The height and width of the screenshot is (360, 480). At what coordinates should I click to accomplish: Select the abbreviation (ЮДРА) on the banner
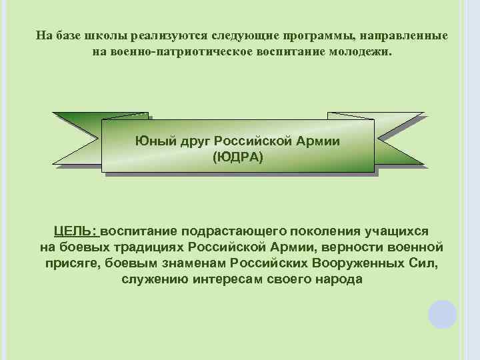[x=238, y=157]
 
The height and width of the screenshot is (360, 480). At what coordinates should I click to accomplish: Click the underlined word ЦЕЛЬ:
[x=77, y=231]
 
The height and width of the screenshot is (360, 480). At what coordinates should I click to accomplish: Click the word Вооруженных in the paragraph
[x=363, y=263]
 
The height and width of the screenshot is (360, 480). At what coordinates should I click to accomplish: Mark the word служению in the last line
[x=155, y=279]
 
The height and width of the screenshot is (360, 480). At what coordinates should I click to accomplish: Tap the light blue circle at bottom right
[x=443, y=314]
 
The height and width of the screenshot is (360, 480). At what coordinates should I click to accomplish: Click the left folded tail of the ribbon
[x=77, y=137]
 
